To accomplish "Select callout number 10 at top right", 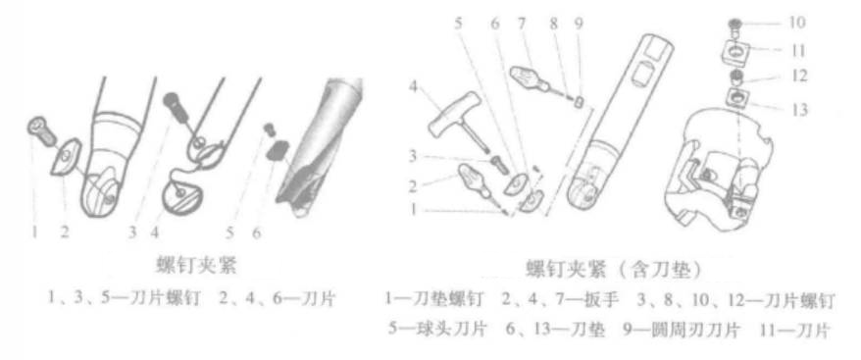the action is click(796, 23).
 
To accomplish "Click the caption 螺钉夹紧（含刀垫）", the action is click(611, 272).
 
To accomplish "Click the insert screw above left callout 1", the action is click(40, 132).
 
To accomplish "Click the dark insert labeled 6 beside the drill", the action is click(279, 149).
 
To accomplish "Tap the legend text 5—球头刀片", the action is click(436, 332).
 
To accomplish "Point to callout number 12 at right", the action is click(797, 77).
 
